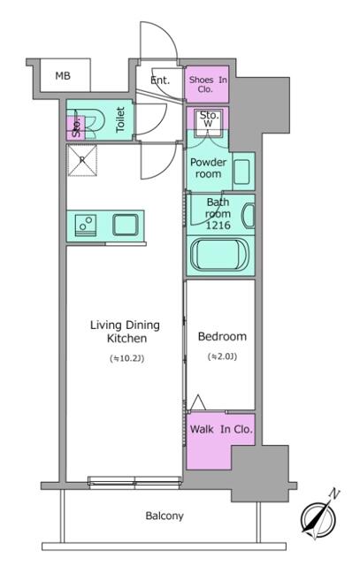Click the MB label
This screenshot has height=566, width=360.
point(63,76)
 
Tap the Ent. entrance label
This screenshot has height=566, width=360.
point(160,80)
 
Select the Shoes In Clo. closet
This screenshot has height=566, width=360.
point(207,84)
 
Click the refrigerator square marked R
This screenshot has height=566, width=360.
point(83,160)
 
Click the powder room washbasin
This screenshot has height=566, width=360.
point(242,168)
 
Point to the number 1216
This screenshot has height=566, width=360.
point(218,226)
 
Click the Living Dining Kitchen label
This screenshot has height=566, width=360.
point(125,332)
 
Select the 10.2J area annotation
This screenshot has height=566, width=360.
point(126,358)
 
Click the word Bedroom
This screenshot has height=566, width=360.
point(222,337)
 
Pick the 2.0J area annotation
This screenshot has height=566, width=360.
point(221,357)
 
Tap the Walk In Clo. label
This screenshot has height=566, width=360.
point(221,430)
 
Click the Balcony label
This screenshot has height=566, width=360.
point(165,516)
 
